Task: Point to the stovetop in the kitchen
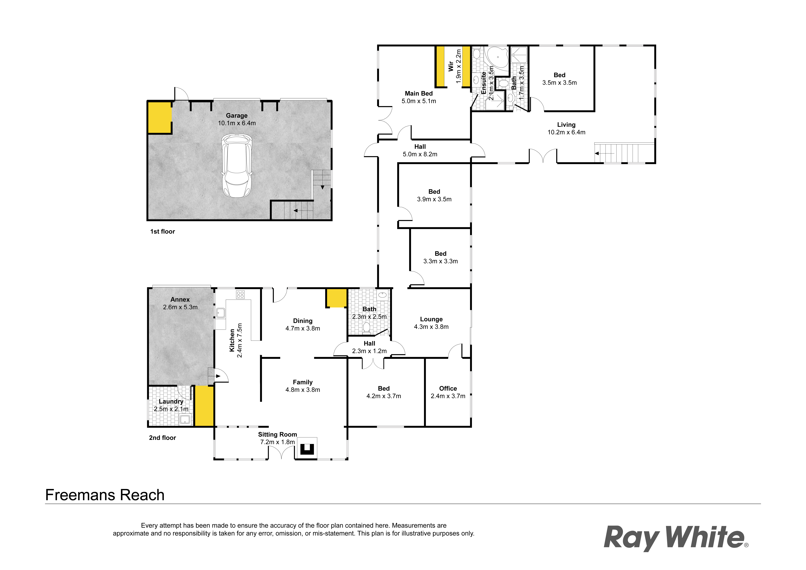click(x=240, y=294)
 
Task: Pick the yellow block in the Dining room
click(x=336, y=298)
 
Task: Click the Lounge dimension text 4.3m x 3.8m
click(x=431, y=327)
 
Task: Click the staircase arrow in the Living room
click(x=597, y=153)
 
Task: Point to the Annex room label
click(x=180, y=299)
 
